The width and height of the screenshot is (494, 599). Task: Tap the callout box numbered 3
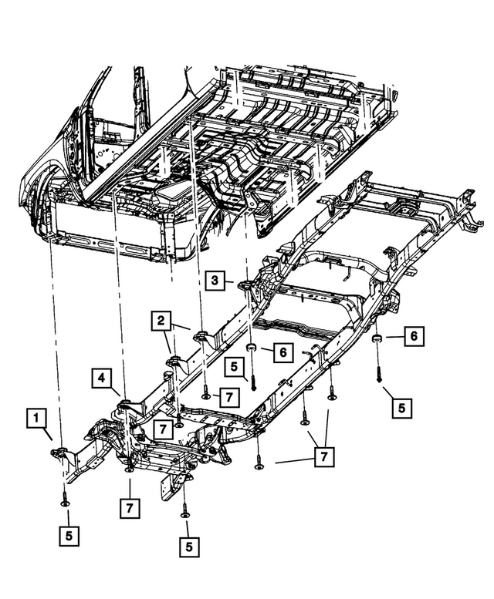click(x=215, y=282)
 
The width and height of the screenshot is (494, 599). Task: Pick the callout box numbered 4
click(x=102, y=378)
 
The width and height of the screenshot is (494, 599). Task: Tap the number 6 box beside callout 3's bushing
click(x=283, y=352)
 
